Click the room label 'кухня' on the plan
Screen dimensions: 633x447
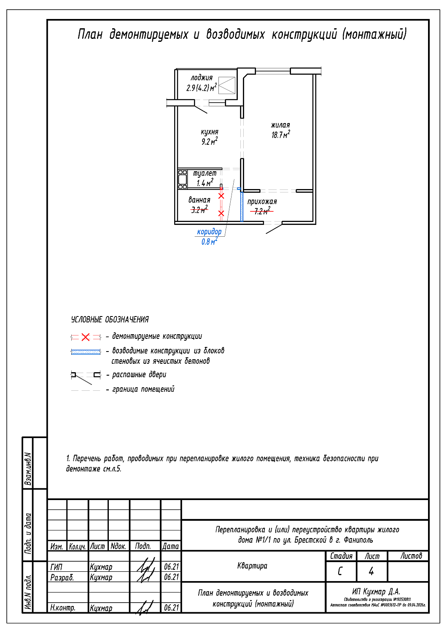(x=210, y=132)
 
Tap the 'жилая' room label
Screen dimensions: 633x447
(x=280, y=125)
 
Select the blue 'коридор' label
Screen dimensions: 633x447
(x=209, y=232)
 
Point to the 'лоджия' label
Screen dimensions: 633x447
(x=202, y=78)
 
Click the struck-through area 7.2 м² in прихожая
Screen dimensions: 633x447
(x=262, y=211)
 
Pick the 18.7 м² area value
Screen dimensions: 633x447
(x=280, y=135)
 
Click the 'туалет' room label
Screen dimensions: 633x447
(x=205, y=173)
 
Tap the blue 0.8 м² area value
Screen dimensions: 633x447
(x=209, y=242)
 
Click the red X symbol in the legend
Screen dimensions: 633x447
(x=86, y=337)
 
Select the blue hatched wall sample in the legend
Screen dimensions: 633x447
(x=86, y=352)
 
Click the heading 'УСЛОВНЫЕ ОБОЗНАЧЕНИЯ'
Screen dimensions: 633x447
(x=110, y=319)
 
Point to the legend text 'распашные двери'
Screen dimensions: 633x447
(x=139, y=375)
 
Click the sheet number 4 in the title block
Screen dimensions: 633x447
(x=371, y=571)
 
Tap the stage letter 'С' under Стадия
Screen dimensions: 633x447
(x=340, y=571)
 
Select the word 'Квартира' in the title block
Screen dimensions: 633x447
(x=252, y=566)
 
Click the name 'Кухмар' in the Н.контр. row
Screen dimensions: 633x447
(x=101, y=608)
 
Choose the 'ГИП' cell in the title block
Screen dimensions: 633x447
(x=56, y=567)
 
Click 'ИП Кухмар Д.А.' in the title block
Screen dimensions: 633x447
(x=376, y=592)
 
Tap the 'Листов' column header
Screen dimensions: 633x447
(x=411, y=556)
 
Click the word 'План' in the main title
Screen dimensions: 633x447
(x=90, y=34)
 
